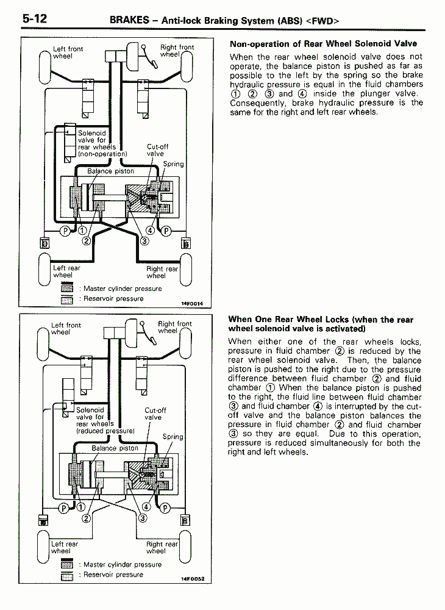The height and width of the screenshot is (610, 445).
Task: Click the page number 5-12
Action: coord(35,18)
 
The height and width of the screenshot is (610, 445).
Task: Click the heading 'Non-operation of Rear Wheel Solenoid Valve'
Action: coord(323,44)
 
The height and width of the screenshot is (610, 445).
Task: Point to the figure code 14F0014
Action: coord(191,303)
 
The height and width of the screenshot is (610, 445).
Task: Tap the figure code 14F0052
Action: coord(192,579)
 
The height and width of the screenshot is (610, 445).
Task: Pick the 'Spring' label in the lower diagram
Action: coord(173,437)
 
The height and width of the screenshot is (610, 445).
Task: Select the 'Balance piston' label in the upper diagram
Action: coord(110,171)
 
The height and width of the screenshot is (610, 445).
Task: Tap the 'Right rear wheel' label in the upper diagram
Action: coord(162,272)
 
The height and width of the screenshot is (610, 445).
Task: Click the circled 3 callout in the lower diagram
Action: coord(143,518)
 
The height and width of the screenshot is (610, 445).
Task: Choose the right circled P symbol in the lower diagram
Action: coord(164,507)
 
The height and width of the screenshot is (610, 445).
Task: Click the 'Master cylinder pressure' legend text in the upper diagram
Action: coord(123,289)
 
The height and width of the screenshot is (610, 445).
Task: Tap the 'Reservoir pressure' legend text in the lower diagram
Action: coord(113,575)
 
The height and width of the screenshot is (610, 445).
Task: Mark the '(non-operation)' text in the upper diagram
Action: coord(102,154)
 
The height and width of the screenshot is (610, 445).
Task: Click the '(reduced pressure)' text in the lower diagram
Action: coord(105,431)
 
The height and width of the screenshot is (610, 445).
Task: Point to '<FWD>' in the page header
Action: coord(322,21)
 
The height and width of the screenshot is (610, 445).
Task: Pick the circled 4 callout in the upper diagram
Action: coord(149,231)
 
